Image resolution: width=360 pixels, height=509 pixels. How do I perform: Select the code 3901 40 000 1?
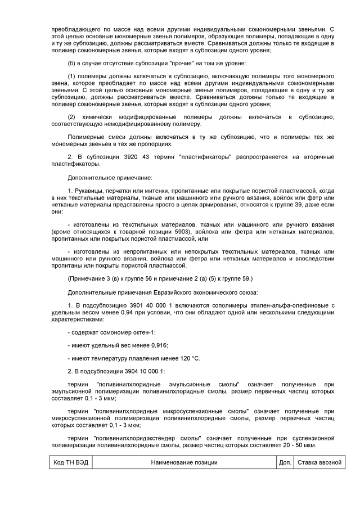pyautogui.click(x=128, y=305)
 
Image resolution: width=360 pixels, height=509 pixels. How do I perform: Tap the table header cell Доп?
pyautogui.click(x=285, y=462)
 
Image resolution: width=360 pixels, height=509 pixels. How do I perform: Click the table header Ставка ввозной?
pyautogui.click(x=319, y=462)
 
